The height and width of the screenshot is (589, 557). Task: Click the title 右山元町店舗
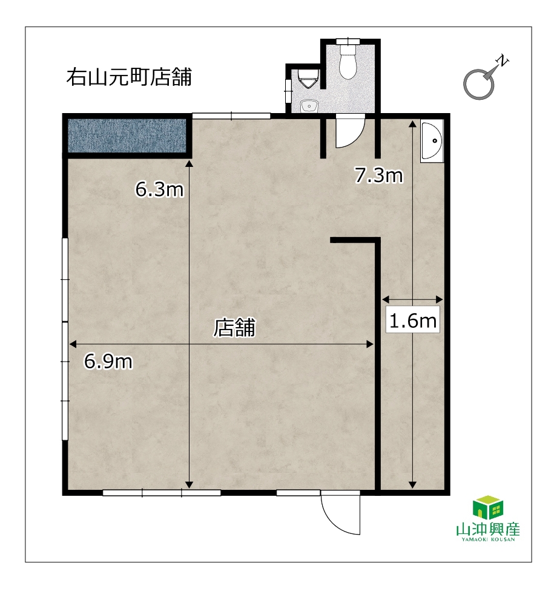(129, 77)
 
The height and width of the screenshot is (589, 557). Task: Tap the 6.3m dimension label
(159, 189)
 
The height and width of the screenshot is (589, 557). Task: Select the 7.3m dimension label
(379, 175)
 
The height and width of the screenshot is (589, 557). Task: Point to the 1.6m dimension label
(413, 321)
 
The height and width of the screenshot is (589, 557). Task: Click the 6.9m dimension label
(108, 362)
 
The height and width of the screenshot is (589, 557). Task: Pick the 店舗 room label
(235, 327)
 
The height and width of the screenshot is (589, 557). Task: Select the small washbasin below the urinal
(309, 106)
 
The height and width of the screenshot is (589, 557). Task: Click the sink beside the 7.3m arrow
(432, 142)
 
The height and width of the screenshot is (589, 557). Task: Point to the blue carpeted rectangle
(127, 135)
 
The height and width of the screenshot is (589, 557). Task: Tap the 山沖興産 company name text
(488, 530)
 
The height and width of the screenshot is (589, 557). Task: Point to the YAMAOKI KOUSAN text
(488, 539)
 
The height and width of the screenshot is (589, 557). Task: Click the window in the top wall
(231, 116)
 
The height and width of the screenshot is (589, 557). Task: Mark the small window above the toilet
(348, 41)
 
